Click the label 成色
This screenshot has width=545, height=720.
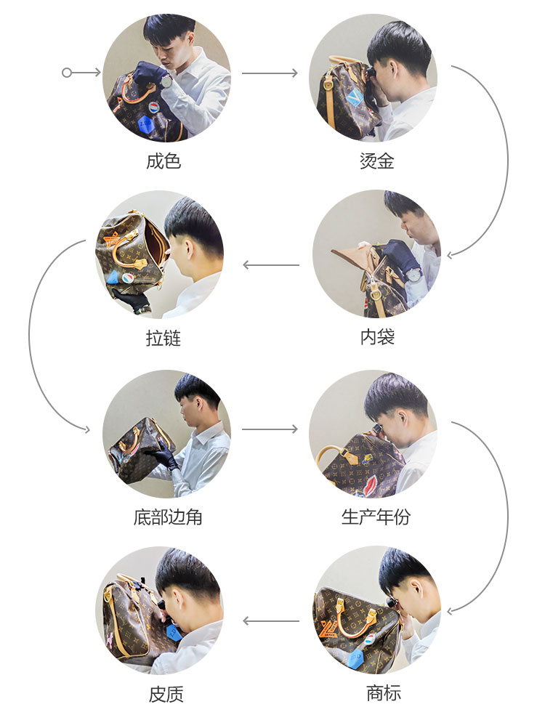pyautogui.click(x=163, y=161)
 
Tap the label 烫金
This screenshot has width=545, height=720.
pyautogui.click(x=376, y=161)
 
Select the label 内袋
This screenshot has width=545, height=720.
pyautogui.click(x=376, y=337)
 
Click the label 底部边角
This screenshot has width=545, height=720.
pyautogui.click(x=168, y=517)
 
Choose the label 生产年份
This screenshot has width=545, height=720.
pyautogui.click(x=376, y=517)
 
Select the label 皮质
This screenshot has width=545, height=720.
pyautogui.click(x=166, y=694)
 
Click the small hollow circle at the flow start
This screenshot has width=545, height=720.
pyautogui.click(x=67, y=73)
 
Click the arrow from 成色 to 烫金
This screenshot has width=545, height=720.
pyautogui.click(x=270, y=73)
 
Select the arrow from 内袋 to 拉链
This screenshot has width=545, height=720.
pyautogui.click(x=270, y=265)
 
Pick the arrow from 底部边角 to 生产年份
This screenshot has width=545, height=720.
pyautogui.click(x=270, y=429)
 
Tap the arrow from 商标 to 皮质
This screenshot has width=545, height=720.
pyautogui.click(x=270, y=621)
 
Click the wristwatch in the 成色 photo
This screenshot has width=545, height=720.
pyautogui.click(x=166, y=82)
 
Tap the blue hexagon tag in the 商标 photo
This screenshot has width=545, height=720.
pyautogui.click(x=356, y=659)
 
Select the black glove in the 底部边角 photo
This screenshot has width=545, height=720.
pyautogui.click(x=163, y=458)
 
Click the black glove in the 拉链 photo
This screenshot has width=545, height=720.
pyautogui.click(x=132, y=299)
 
